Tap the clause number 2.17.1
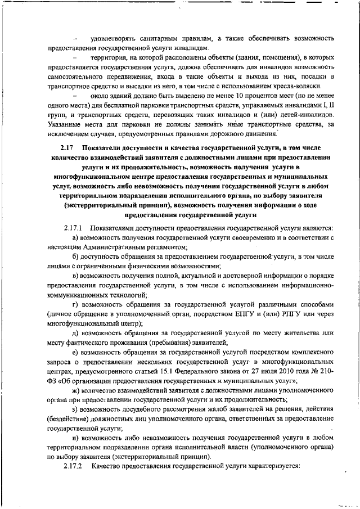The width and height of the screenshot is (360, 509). point(73,228)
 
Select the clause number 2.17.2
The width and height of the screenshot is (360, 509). point(73,467)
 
